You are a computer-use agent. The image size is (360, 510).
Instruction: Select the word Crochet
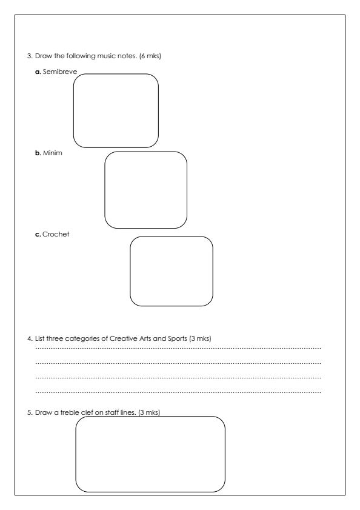56,234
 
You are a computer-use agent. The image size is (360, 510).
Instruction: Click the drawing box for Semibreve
116,110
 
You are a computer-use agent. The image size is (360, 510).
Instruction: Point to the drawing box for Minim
145,190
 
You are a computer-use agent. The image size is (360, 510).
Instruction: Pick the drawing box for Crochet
172,271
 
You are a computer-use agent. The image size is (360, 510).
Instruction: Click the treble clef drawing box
150,454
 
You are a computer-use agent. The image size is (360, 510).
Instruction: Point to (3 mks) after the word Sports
200,338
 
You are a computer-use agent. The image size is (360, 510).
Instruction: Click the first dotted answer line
178,349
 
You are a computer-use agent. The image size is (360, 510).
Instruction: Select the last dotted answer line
178,392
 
